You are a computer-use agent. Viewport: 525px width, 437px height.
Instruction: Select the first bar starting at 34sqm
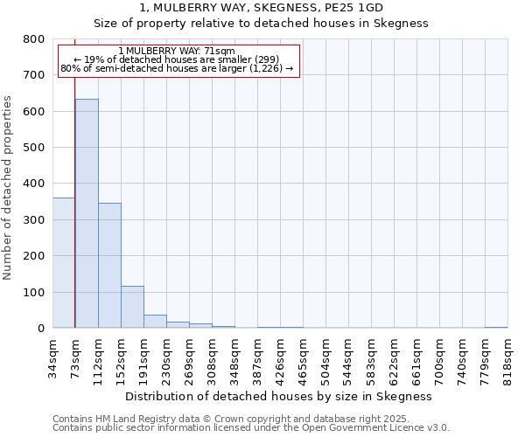pos(64,262)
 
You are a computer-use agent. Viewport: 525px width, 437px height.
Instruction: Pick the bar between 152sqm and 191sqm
pos(132,307)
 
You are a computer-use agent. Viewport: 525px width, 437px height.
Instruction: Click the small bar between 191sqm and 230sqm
pos(155,321)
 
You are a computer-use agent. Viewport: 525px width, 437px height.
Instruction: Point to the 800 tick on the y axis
pos(33,39)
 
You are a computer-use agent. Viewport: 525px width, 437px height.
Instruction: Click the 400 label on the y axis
pos(33,184)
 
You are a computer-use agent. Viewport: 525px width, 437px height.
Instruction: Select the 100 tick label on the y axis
pos(33,292)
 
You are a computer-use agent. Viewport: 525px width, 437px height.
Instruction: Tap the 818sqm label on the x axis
pos(507,358)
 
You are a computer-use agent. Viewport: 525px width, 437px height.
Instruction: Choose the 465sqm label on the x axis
pos(303,358)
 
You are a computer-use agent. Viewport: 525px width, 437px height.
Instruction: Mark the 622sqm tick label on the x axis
pos(394,358)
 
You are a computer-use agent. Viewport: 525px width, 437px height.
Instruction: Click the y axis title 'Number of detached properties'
pos(9,184)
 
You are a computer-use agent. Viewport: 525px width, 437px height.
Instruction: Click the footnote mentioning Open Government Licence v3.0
pos(251,428)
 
